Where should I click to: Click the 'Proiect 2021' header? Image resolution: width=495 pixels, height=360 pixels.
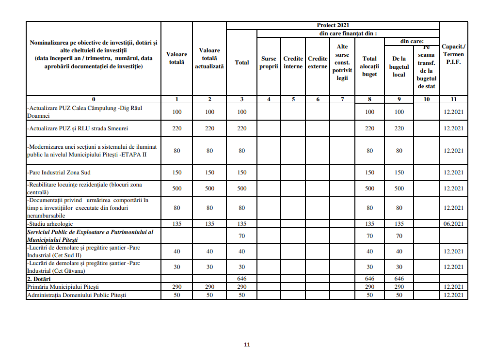tap(333, 25)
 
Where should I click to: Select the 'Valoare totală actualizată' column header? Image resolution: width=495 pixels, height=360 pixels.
tap(209, 58)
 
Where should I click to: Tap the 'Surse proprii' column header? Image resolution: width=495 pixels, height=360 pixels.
tap(269, 63)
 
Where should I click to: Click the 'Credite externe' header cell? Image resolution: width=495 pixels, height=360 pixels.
tap(318, 63)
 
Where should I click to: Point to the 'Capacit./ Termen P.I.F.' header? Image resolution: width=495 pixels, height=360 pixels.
tap(453, 54)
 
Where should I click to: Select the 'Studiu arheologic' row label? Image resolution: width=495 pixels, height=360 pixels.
tap(50, 224)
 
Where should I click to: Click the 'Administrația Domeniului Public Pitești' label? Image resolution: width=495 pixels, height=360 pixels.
tap(77, 295)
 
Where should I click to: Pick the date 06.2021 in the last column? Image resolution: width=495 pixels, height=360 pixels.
tap(453, 224)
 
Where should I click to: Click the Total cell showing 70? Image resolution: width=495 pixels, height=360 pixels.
tap(242, 236)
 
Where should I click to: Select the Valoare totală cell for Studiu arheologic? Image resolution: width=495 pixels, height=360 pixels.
tap(177, 224)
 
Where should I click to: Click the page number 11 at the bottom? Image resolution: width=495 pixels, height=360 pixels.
tap(247, 345)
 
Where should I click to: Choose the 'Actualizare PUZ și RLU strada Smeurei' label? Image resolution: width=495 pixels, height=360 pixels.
tap(77, 128)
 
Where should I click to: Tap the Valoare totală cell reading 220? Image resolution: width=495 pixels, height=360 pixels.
tap(177, 128)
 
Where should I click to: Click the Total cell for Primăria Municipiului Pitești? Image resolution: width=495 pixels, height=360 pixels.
tap(242, 287)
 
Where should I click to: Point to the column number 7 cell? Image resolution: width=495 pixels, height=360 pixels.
tap(342, 99)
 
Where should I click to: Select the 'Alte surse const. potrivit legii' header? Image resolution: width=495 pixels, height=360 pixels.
tap(342, 63)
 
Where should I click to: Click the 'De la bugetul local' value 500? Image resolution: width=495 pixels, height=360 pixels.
tap(399, 188)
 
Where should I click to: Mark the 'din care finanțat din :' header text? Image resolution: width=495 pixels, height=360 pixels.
tap(348, 33)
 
